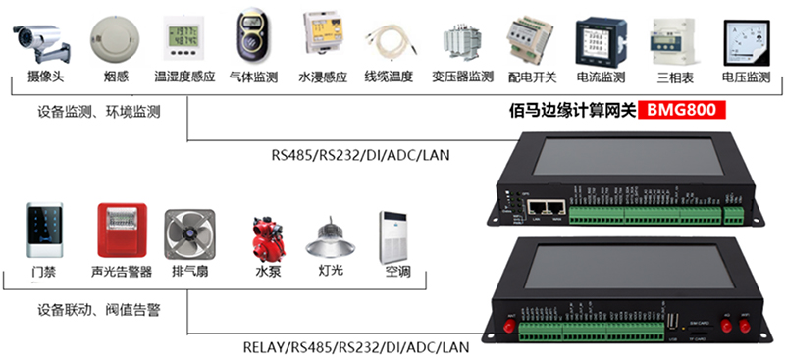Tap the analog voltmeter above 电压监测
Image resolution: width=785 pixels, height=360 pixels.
point(744,40)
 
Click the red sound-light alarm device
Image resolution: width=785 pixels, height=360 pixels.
point(122,231)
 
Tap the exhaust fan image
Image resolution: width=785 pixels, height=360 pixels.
point(189,234)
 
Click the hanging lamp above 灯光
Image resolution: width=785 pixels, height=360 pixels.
point(328,235)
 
